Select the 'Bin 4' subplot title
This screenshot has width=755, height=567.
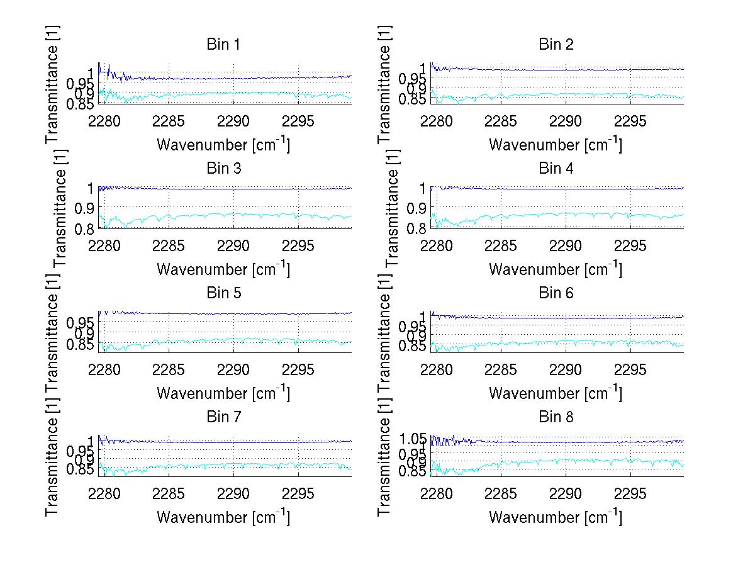[x=556, y=169]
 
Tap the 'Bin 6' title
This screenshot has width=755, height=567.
[x=556, y=293]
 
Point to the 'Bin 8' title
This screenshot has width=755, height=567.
[x=556, y=417]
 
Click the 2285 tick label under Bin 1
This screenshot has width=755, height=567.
[x=169, y=121]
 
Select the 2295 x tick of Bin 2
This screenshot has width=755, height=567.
[x=630, y=121]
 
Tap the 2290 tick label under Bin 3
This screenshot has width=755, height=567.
[x=233, y=245]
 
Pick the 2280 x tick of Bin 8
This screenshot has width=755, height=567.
[x=437, y=493]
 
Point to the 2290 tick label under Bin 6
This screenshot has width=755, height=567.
[x=566, y=369]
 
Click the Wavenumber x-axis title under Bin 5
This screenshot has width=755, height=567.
[x=223, y=393]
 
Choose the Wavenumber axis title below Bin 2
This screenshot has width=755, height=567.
[x=556, y=145]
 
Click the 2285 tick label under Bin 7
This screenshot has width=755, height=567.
[x=169, y=493]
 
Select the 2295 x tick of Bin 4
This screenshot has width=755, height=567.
[x=630, y=245]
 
